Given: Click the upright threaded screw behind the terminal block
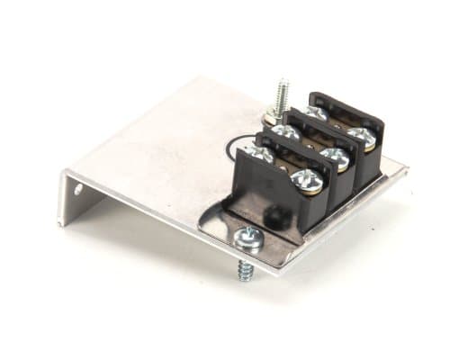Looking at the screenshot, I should (282, 95).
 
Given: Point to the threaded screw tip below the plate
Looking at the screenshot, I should (244, 267).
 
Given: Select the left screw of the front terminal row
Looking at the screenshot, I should (261, 156).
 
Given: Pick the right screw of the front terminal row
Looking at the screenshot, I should (307, 180).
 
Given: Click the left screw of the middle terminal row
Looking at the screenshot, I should (286, 133).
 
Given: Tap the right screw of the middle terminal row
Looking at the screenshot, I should (336, 158).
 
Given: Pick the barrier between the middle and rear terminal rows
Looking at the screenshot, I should (315, 126).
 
